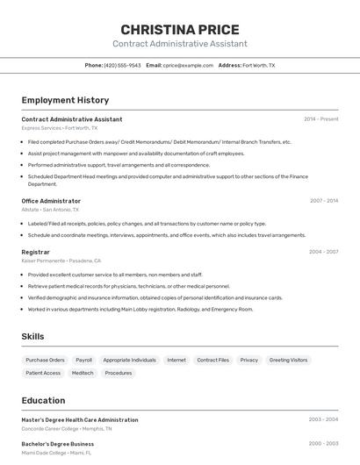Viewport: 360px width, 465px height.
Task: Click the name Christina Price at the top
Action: (179, 29)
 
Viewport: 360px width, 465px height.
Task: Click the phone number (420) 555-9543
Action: (122, 65)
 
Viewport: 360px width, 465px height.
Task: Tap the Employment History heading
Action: (65, 100)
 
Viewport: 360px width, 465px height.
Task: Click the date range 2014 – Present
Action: (320, 119)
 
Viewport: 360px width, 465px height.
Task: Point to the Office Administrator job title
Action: (51, 201)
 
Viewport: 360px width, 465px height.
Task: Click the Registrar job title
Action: (35, 252)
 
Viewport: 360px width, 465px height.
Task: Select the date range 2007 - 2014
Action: (323, 201)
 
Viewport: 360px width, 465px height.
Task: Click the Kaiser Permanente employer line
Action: (61, 261)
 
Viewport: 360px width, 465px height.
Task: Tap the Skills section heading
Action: (32, 336)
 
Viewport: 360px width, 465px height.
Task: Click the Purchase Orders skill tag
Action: (45, 360)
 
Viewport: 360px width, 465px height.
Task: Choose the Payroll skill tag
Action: (83, 360)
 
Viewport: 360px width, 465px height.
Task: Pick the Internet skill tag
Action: (176, 360)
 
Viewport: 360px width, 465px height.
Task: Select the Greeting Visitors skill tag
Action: (288, 360)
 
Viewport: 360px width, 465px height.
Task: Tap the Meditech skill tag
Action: (83, 373)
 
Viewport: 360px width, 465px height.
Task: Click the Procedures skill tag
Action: (118, 373)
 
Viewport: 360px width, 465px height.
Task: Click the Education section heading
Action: (43, 400)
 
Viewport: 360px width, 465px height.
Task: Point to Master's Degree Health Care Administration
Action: (80, 420)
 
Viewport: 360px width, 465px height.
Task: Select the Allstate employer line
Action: (50, 210)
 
